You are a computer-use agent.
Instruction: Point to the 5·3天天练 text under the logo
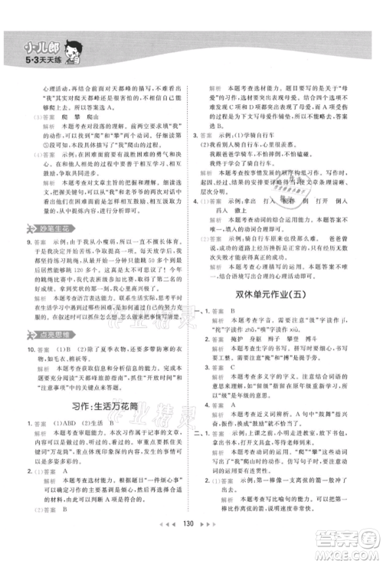(x=33, y=59)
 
